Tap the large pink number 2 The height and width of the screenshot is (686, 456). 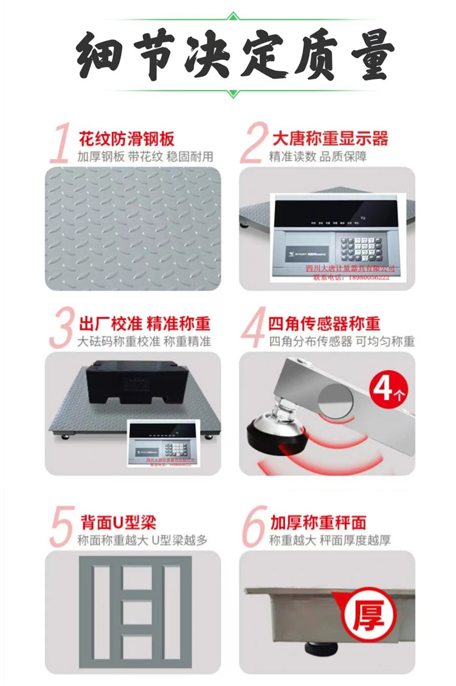pyautogui.click(x=252, y=145)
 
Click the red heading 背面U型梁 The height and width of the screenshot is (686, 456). pyautogui.click(x=119, y=521)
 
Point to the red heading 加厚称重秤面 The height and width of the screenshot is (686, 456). pyautogui.click(x=319, y=521)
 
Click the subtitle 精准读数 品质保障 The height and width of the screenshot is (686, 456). pyautogui.click(x=318, y=157)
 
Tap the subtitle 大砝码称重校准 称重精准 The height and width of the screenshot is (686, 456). pyautogui.click(x=145, y=341)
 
